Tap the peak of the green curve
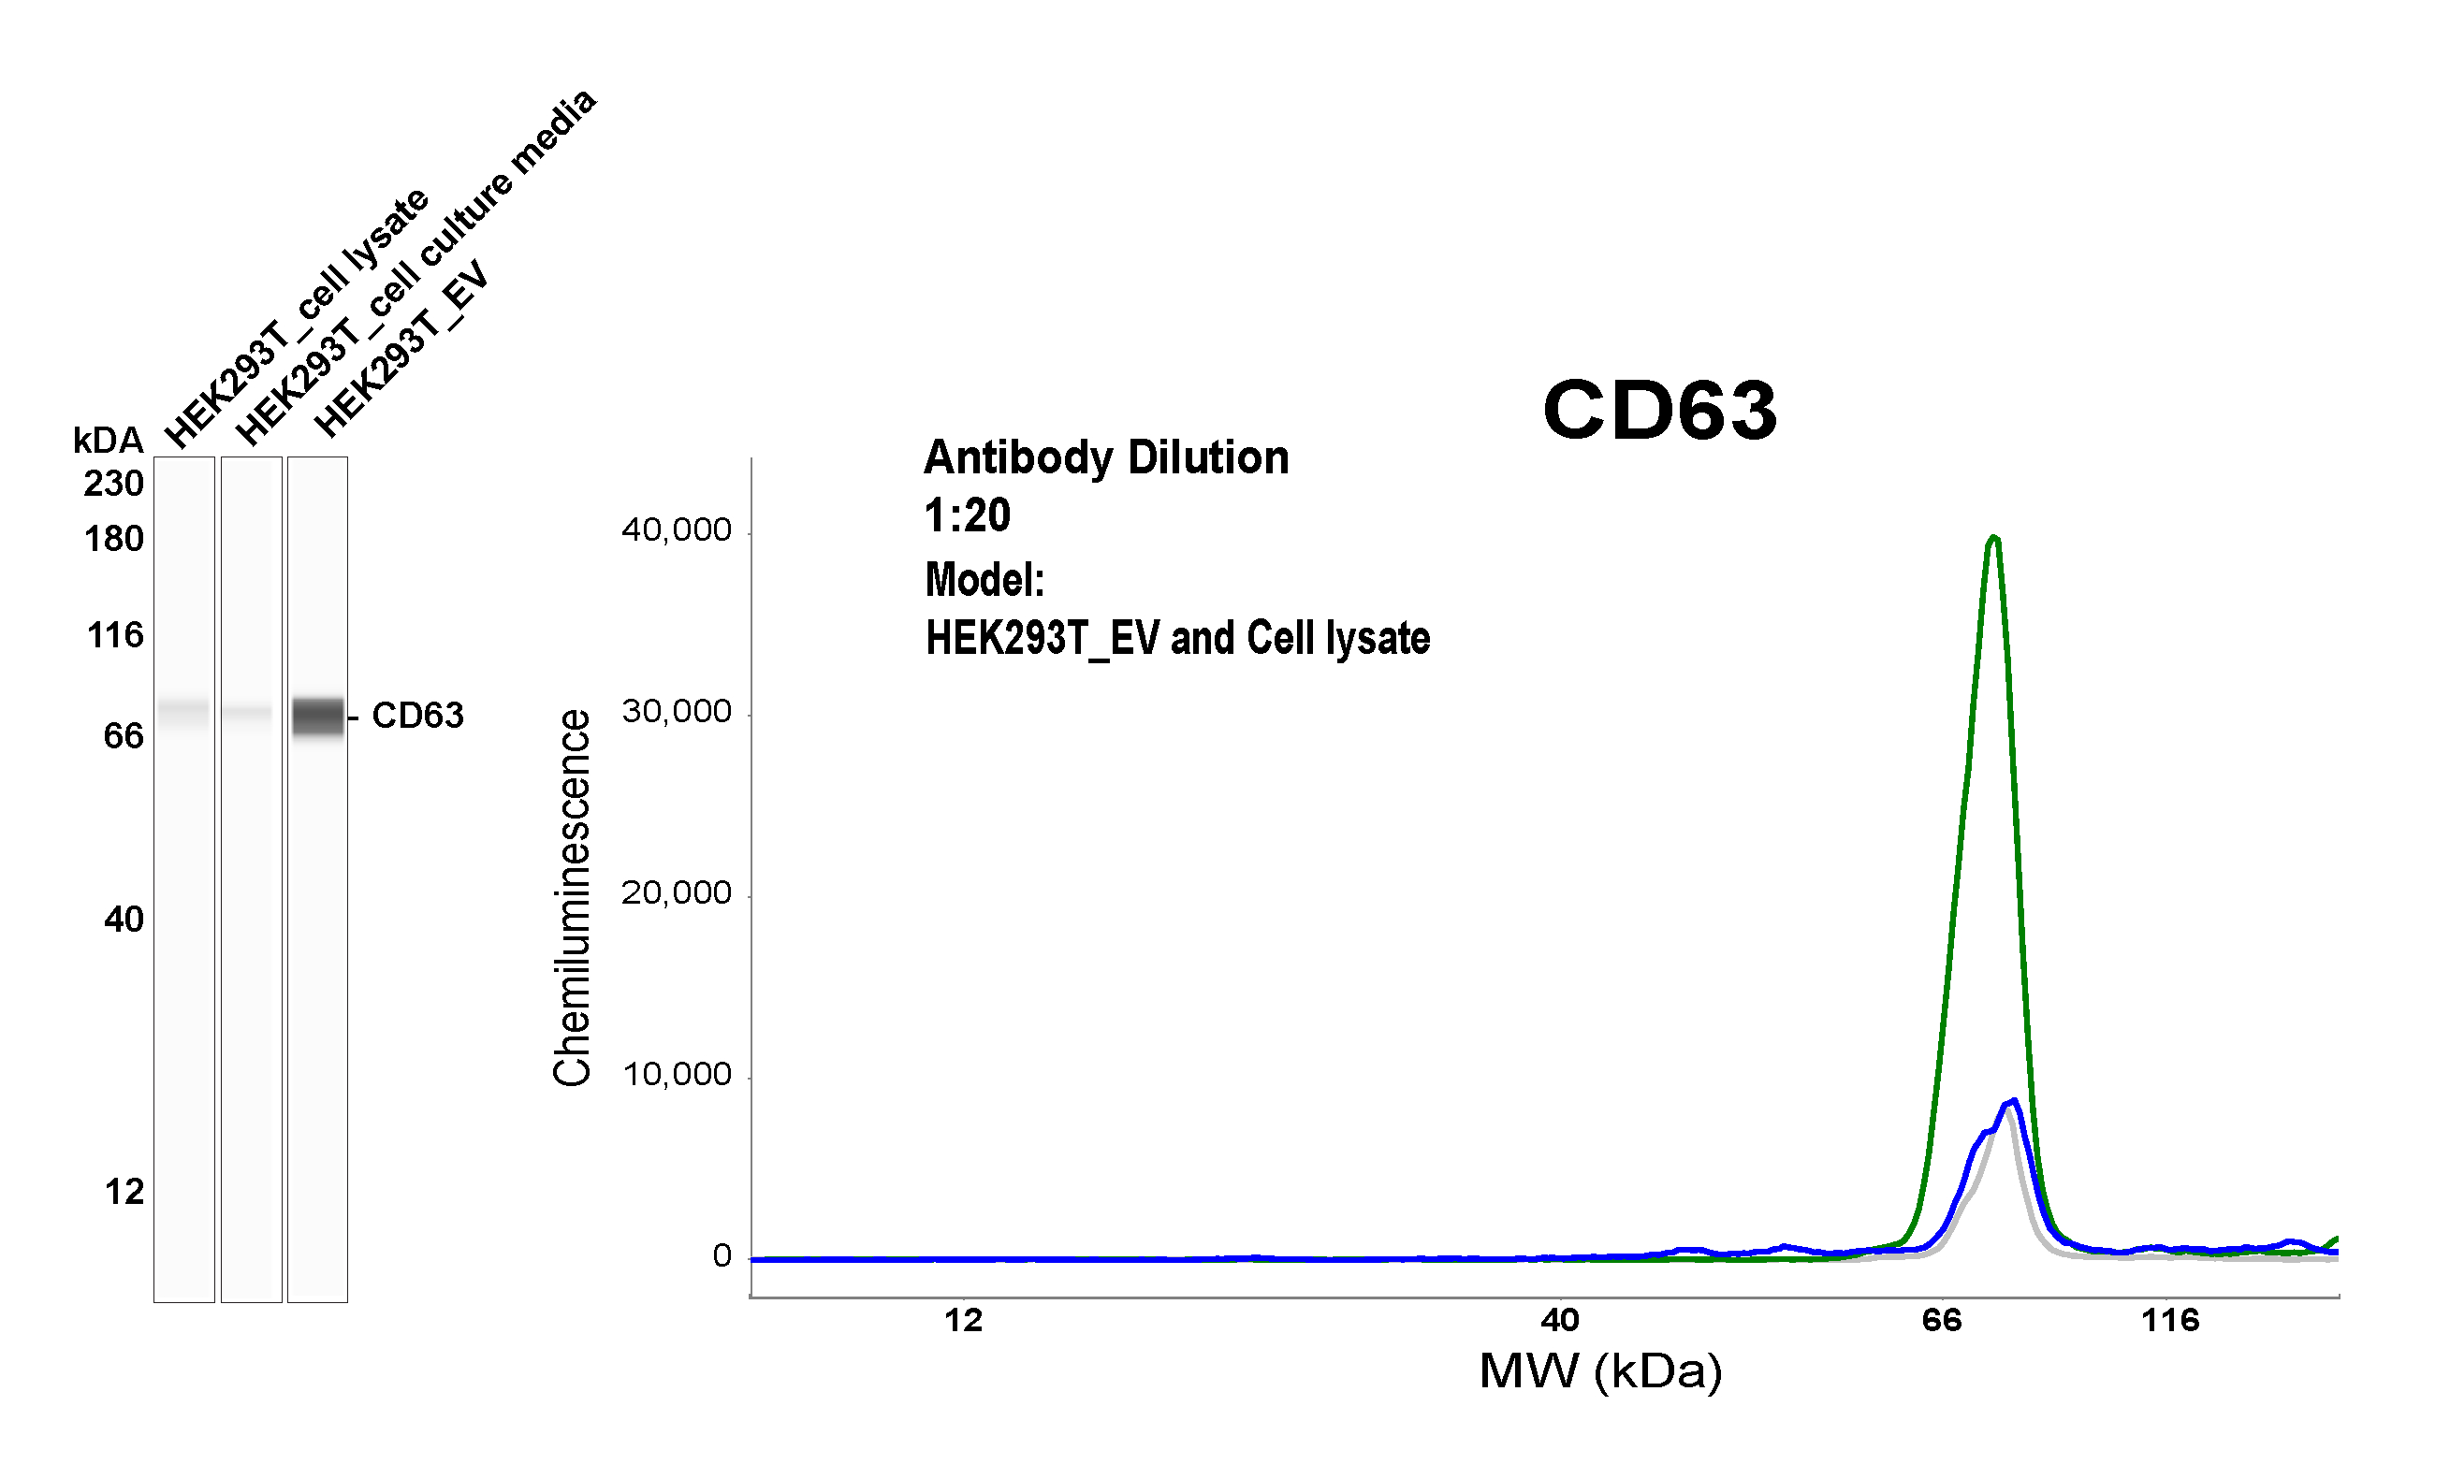(1994, 539)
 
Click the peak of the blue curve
(2013, 1102)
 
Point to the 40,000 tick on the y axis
(677, 530)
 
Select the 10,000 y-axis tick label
(677, 1074)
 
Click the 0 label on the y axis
(722, 1255)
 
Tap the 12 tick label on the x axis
(963, 1320)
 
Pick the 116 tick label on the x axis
(2170, 1320)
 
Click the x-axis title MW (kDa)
(1600, 1371)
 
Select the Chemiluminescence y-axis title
(573, 898)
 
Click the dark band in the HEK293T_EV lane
(318, 717)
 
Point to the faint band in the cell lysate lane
(184, 711)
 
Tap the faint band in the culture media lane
(251, 711)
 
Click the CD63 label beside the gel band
(416, 716)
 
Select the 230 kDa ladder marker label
(113, 484)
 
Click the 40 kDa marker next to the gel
(124, 920)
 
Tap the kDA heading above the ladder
(108, 440)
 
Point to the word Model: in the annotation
(984, 580)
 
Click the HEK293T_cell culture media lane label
(415, 267)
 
